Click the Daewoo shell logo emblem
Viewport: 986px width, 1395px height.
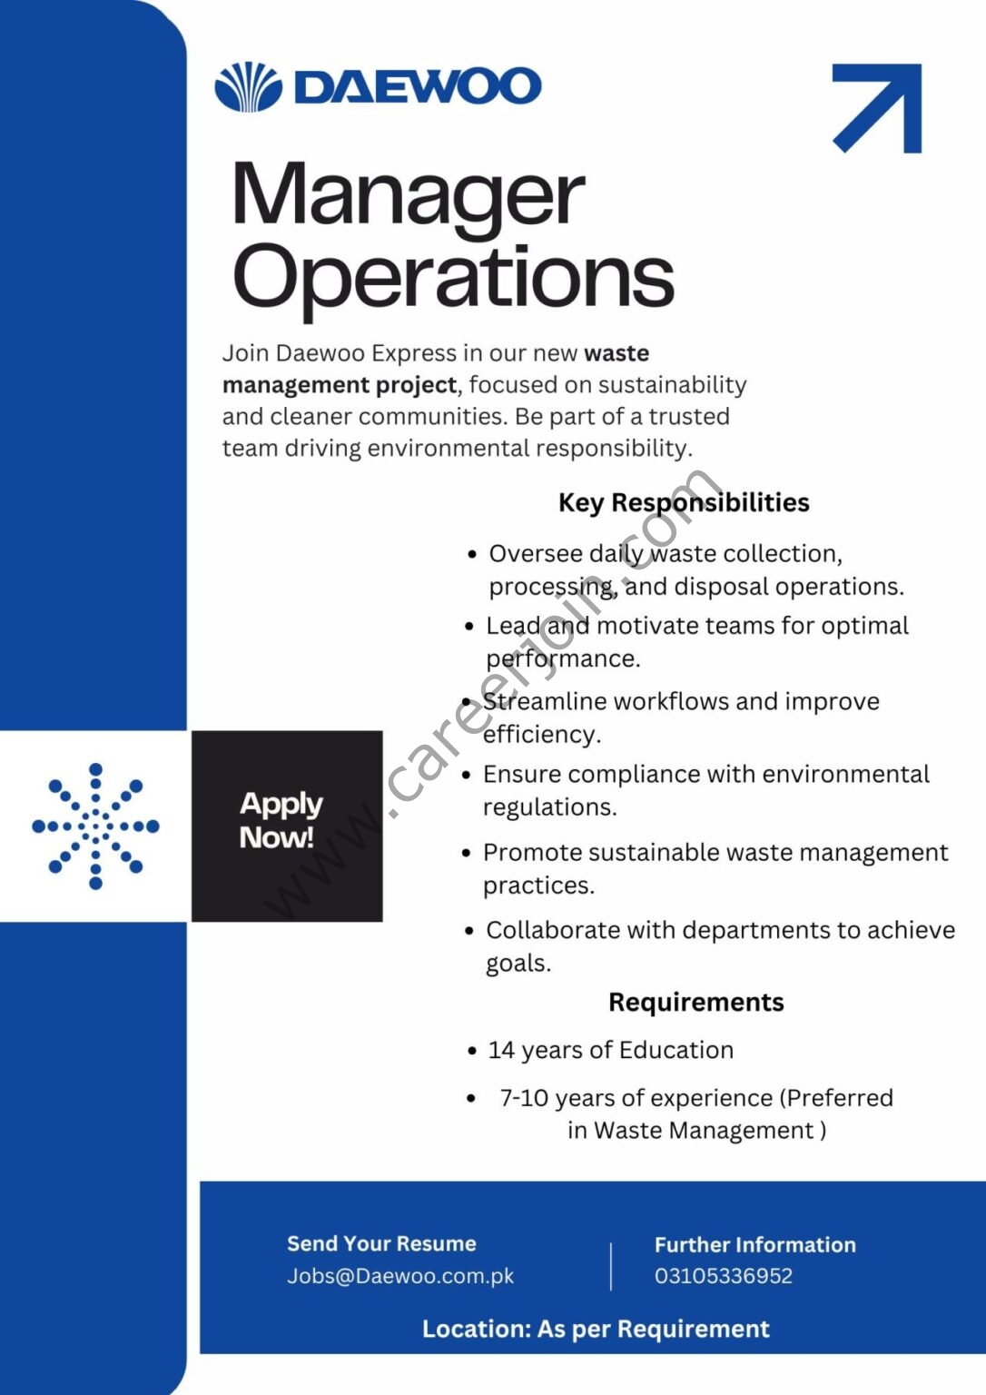point(248,87)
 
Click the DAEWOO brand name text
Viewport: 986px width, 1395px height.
point(418,87)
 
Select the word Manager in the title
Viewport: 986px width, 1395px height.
point(408,195)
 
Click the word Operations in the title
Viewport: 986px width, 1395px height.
point(453,276)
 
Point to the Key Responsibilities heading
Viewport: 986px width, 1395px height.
point(684,502)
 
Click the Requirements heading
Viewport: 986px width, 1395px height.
point(695,1002)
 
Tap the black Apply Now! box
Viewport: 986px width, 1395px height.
point(287,826)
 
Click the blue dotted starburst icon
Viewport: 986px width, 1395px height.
point(95,826)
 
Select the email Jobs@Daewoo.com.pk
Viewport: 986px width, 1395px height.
point(400,1276)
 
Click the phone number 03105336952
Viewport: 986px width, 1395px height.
point(724,1276)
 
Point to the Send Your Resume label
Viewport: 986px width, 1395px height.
point(381,1243)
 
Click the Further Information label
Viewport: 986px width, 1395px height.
point(754,1244)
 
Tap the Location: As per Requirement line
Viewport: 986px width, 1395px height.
point(596,1329)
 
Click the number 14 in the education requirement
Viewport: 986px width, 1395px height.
point(501,1050)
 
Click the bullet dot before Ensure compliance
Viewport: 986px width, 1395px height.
point(467,776)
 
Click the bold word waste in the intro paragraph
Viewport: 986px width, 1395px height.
point(616,353)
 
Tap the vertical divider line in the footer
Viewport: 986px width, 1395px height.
point(611,1266)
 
